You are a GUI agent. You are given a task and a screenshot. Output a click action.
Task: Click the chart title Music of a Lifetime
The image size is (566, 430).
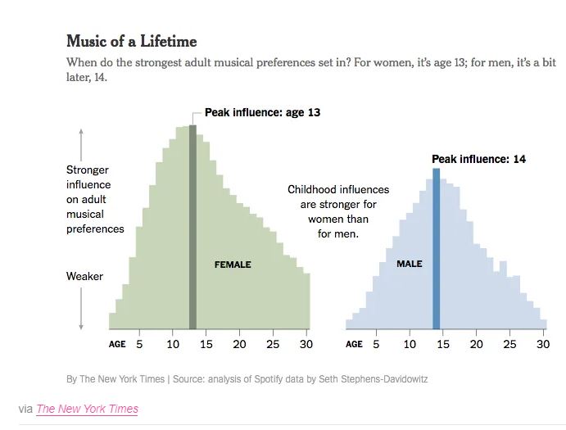point(131,41)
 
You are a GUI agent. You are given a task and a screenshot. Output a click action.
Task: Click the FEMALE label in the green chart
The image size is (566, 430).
point(233,265)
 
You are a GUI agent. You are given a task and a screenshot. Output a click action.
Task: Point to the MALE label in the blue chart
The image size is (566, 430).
point(410,264)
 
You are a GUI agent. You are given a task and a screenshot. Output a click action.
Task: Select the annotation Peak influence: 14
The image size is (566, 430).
point(478,159)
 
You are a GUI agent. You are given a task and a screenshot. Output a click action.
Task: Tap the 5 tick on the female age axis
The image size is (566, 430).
point(139,344)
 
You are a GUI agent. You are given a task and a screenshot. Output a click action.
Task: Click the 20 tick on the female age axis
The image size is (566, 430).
point(239,344)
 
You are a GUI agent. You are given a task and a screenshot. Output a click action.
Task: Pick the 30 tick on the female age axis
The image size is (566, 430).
point(306,344)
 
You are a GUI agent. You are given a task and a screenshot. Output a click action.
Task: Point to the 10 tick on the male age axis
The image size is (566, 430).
point(410,344)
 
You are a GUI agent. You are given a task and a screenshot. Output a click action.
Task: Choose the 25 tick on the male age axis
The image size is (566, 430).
point(509,344)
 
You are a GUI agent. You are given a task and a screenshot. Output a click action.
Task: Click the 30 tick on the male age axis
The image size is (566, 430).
point(542,344)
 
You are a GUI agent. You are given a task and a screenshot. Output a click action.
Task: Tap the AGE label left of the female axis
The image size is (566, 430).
point(117,344)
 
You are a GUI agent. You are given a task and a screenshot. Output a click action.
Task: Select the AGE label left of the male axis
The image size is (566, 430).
point(354,344)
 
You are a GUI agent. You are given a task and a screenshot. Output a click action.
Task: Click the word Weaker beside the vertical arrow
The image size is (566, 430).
point(84,276)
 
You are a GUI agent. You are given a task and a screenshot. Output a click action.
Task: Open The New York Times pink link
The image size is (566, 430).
point(87,409)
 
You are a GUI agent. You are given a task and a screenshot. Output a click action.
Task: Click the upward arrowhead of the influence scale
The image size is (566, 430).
point(81,131)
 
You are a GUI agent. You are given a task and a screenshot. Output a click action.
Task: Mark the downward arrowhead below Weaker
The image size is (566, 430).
point(81,327)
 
